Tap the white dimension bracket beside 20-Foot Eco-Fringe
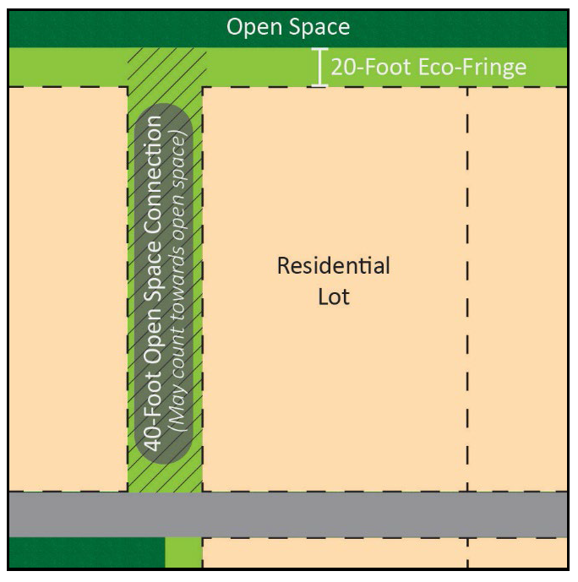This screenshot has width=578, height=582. click(x=319, y=68)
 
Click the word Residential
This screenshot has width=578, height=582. click(x=334, y=267)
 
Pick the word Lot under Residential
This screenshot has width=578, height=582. click(x=334, y=297)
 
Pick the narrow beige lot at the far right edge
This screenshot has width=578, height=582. click(x=517, y=287)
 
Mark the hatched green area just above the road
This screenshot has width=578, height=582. click(x=166, y=478)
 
